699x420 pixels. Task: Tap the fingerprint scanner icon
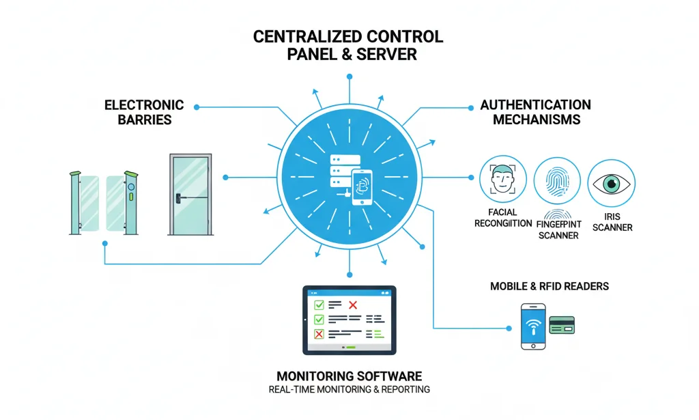pos(556,182)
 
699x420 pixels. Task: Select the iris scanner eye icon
pos(610,183)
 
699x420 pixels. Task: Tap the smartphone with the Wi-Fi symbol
pos(534,326)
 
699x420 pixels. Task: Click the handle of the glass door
pos(180,198)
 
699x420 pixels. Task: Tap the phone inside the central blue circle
pos(362,187)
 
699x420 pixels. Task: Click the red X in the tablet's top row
pos(353,305)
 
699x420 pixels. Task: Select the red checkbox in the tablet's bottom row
pos(317,334)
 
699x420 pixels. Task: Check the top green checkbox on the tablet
pos(317,305)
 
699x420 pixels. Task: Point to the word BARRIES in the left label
pos(144,120)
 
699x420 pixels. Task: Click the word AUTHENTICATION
pos(535,105)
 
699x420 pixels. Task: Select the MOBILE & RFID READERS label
pos(549,286)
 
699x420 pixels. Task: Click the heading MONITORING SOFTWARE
pos(349,376)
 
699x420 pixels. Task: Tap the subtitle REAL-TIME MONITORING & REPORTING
pos(349,390)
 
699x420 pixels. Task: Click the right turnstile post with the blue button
pos(130,203)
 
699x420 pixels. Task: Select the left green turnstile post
pos(74,203)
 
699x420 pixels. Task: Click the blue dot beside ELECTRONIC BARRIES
pos(197,107)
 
